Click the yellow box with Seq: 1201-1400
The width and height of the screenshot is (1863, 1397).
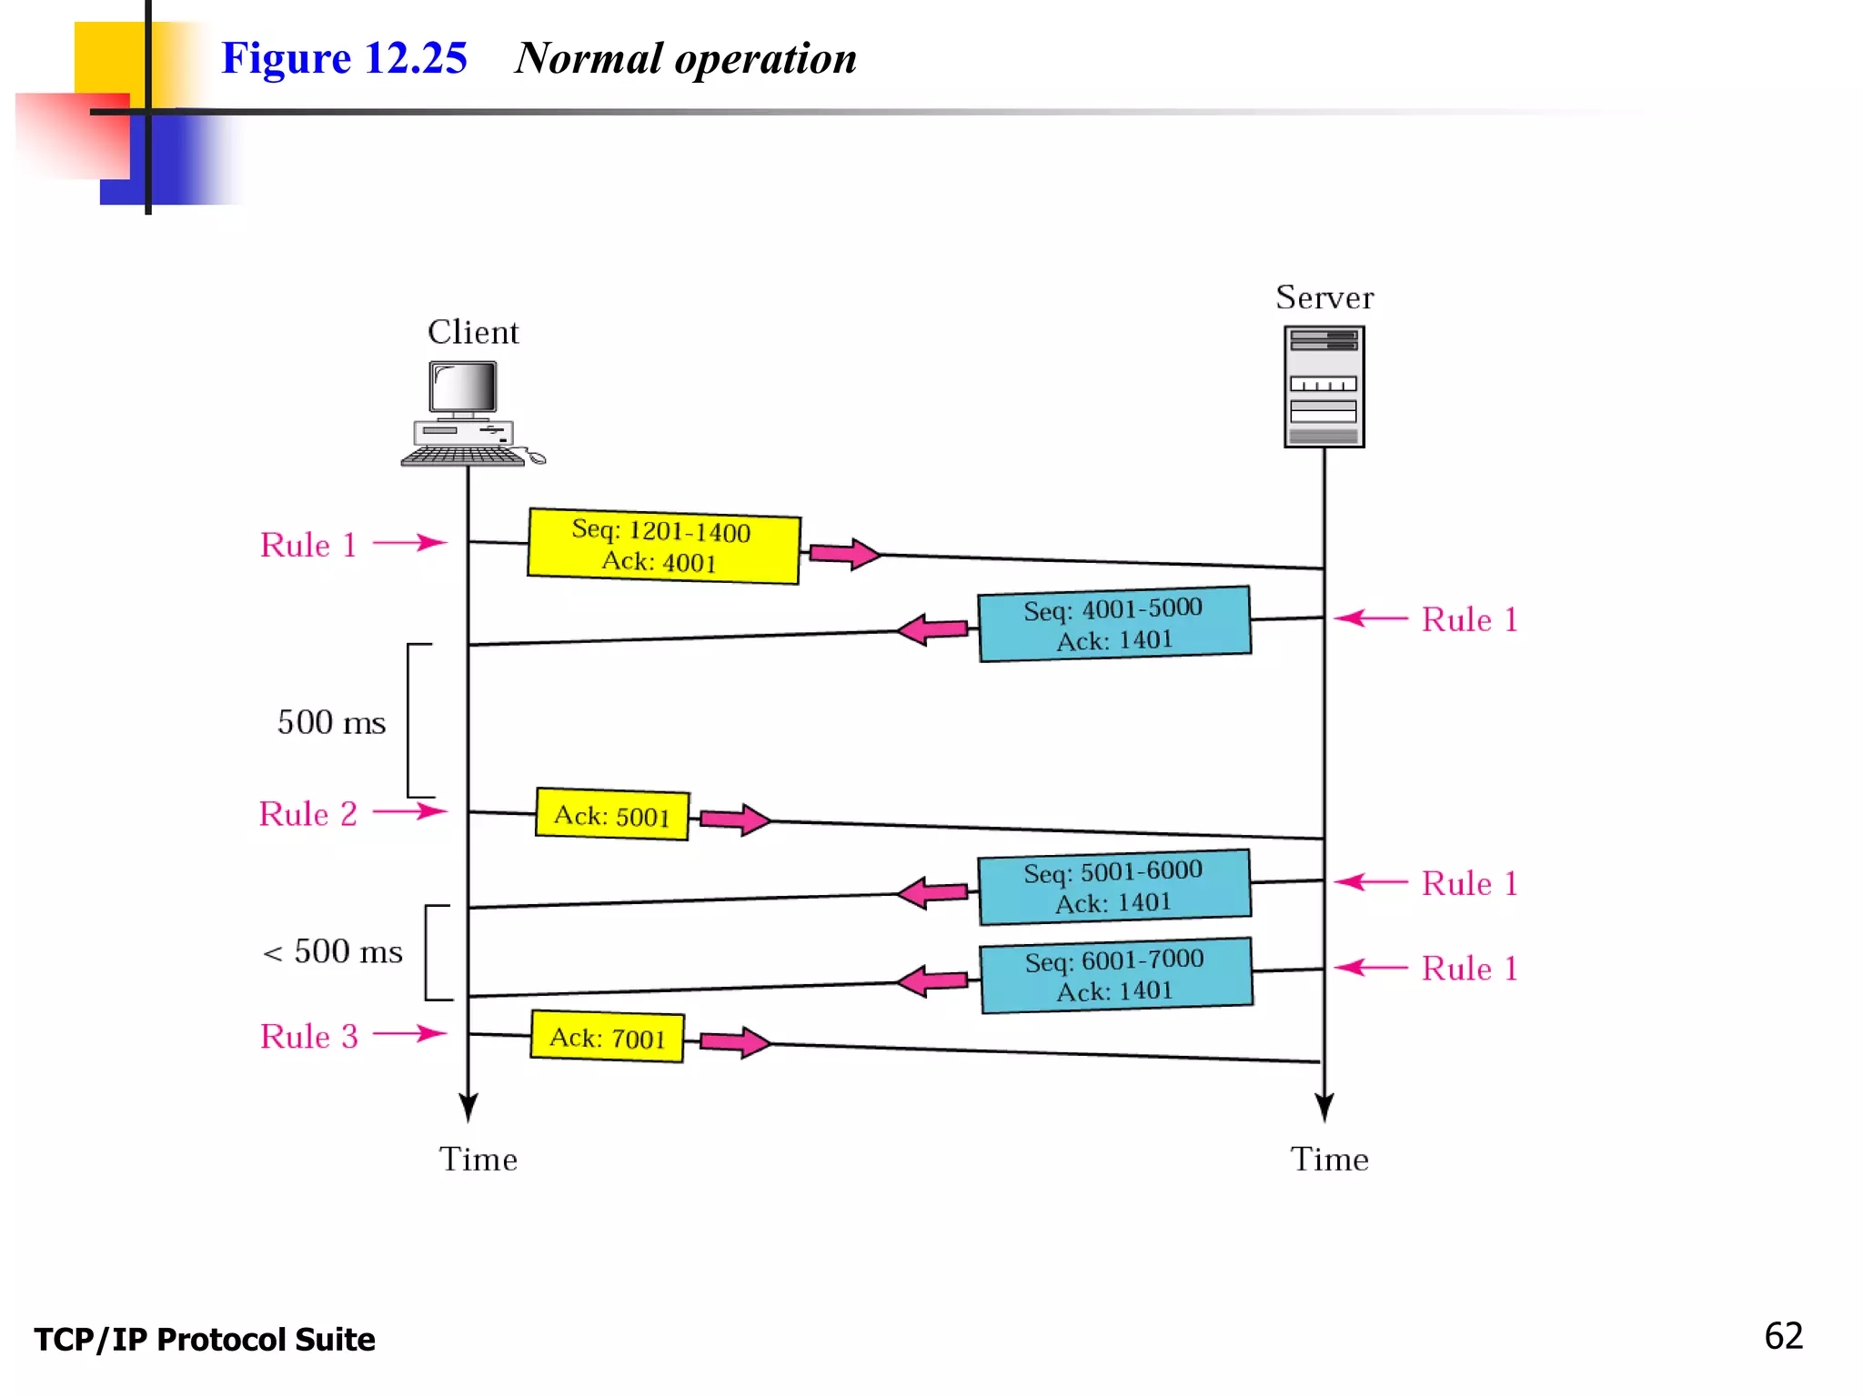coord(663,546)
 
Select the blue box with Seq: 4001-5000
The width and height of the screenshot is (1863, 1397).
coord(1113,624)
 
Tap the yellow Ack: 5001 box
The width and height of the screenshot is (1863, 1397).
coord(611,815)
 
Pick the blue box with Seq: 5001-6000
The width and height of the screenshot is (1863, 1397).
coord(1113,887)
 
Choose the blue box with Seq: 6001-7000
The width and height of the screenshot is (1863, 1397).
coord(1115,975)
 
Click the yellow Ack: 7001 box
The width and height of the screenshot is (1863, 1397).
coord(607,1037)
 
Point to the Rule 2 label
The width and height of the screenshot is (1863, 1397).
coord(307,814)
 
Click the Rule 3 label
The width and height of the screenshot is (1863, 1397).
coord(308,1036)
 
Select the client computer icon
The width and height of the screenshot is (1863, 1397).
coord(468,414)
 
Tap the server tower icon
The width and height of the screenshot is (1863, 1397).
coord(1324,387)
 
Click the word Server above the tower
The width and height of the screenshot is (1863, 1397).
coord(1324,297)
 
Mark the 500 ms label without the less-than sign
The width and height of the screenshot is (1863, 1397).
coord(331,722)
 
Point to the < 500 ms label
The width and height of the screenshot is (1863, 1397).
coord(332,951)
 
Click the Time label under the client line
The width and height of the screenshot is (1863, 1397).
coord(478,1160)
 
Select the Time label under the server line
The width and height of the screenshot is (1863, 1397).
coord(1329,1160)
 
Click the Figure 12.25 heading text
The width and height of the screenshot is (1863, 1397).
coord(344,58)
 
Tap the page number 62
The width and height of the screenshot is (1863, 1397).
coord(1783,1336)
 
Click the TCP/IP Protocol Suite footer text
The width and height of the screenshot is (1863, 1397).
coord(205,1340)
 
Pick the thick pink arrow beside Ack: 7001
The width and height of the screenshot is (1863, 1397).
coord(735,1042)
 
